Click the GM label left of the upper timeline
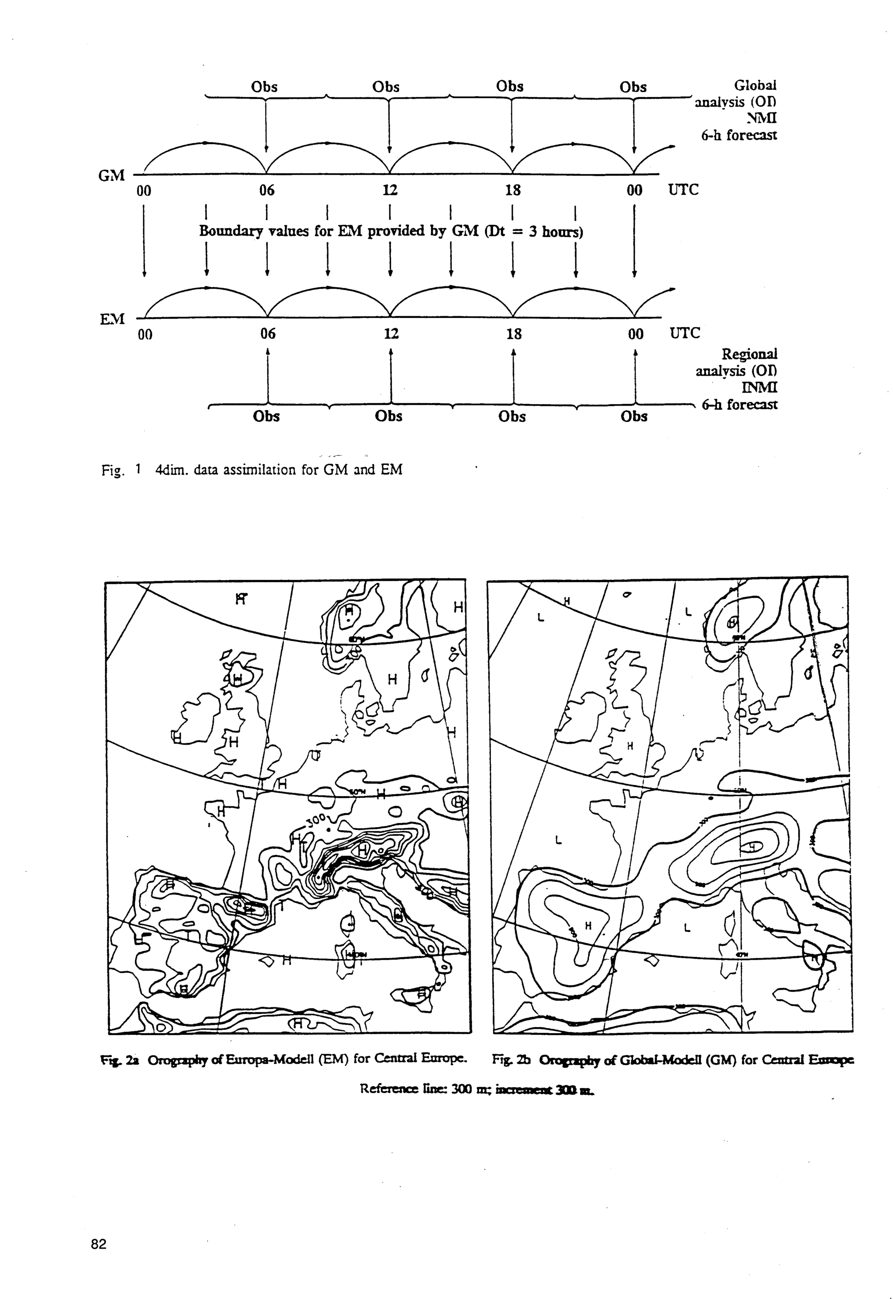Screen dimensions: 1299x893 point(111,176)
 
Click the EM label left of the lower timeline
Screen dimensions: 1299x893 point(112,319)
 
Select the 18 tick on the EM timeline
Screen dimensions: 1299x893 point(513,334)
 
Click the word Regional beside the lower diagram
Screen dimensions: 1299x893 point(749,354)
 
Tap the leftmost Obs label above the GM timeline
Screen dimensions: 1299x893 point(264,87)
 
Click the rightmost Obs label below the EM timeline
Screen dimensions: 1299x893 point(634,416)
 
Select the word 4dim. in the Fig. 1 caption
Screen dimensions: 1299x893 point(171,469)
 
